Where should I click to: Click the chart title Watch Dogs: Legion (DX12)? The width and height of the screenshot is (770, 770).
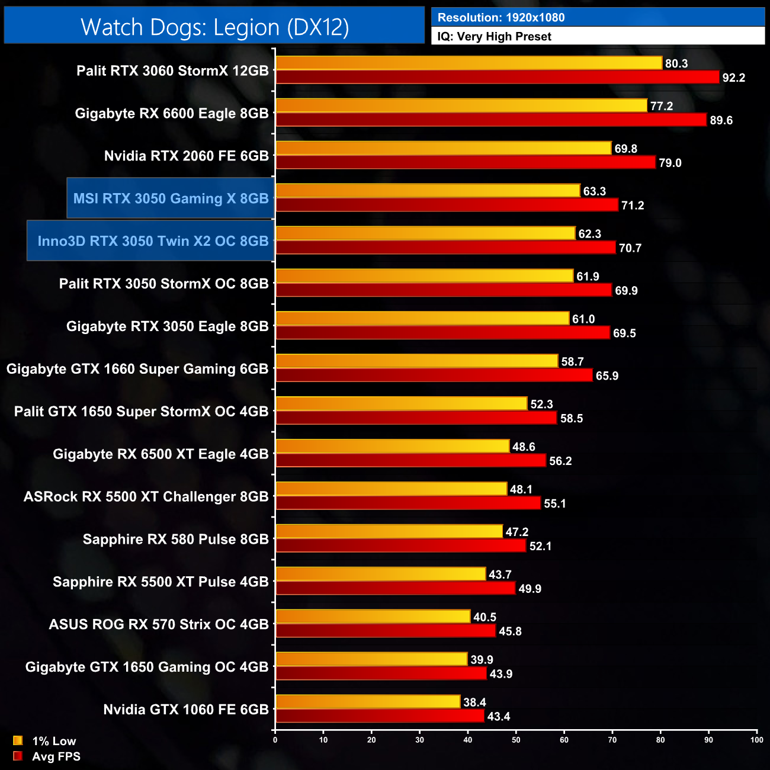point(214,27)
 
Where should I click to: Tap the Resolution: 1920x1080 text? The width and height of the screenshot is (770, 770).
point(500,18)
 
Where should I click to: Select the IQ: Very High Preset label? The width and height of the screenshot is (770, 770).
point(494,37)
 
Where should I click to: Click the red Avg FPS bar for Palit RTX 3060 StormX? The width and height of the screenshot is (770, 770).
point(497,77)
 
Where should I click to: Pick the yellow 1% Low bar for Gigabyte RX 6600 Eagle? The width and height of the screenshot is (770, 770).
point(461,105)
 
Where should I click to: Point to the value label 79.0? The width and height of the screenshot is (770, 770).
point(670,163)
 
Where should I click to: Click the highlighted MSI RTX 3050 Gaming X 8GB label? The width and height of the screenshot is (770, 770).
point(171,198)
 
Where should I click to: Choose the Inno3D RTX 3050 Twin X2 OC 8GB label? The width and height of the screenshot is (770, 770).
point(153,241)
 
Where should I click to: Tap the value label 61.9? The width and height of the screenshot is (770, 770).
point(588,277)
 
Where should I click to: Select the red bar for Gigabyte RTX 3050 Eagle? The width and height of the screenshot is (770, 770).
point(442,333)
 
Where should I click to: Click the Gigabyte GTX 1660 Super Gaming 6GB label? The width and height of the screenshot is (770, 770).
point(137,369)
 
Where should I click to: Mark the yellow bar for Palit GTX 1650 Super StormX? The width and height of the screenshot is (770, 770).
point(401,404)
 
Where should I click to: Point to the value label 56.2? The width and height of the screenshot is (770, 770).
point(560,461)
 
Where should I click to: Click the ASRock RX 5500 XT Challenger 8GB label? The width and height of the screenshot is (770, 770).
point(146,497)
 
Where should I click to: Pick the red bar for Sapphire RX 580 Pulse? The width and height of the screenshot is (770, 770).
point(400,546)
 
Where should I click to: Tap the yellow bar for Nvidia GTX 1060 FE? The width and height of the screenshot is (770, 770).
point(367,702)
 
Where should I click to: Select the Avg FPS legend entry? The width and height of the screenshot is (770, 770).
point(47,756)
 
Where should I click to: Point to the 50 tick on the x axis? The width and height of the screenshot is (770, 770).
point(516,740)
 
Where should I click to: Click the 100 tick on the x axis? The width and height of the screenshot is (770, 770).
point(756,740)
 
